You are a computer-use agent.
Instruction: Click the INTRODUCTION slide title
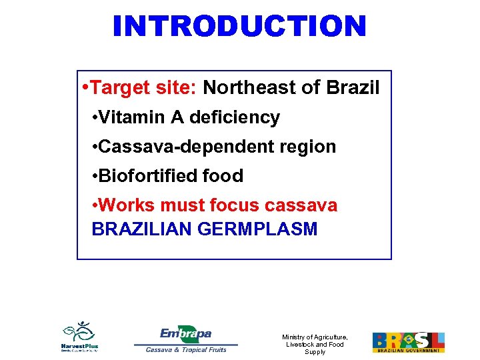pos(239,26)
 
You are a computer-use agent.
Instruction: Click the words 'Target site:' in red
pos(143,87)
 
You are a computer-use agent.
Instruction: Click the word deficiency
pos(235,117)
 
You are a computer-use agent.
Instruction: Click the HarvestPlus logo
pos(79,336)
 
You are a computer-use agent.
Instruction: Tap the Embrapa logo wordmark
pos(186,333)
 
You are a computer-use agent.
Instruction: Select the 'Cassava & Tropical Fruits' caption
pos(186,349)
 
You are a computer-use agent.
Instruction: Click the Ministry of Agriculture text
pos(315,344)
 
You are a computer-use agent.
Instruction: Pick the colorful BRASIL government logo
pos(408,341)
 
